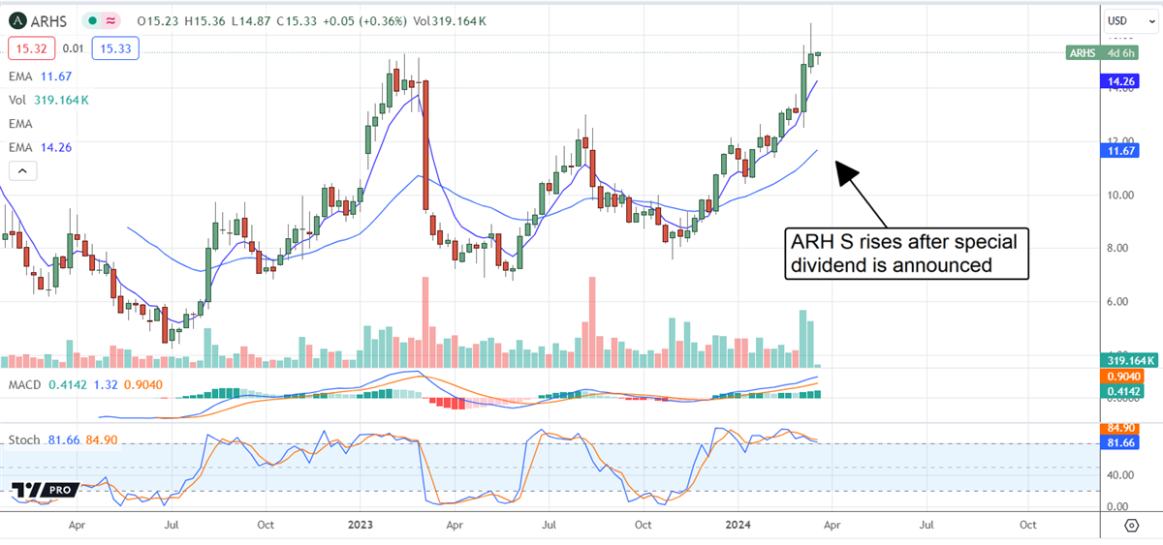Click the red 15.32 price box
pos(29,46)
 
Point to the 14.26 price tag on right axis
pos(1122,83)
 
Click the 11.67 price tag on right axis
pos(1122,151)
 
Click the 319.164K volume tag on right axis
pos(1128,360)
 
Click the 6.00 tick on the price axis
pos(1120,301)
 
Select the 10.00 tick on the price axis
pos(1120,195)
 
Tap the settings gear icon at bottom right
pos(1131,526)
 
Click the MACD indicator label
pos(26,384)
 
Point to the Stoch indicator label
pos(24,440)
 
